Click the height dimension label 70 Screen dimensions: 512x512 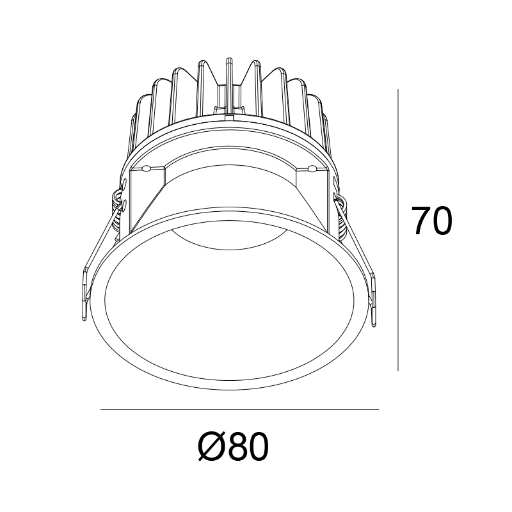431,221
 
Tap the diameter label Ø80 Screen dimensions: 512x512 233,447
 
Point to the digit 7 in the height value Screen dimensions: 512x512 420,221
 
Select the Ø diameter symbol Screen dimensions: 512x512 209,447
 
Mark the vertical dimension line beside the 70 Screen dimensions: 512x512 399,230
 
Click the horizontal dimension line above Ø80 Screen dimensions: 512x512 240,409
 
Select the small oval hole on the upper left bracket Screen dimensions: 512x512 146,169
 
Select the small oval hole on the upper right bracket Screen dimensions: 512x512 312,169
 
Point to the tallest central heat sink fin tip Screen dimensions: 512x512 228,61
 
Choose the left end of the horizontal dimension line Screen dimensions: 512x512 102,409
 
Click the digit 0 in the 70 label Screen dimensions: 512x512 442,221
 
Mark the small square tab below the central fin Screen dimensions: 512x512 228,118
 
